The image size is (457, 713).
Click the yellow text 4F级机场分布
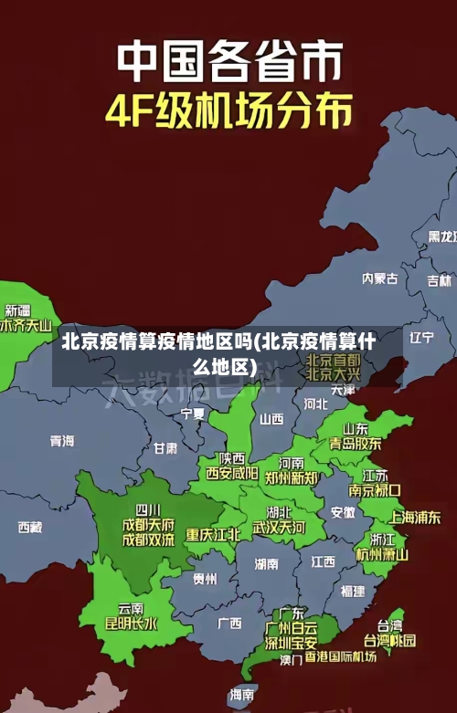tap(228, 110)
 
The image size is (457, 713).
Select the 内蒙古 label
tap(380, 253)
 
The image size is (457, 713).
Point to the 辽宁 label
tap(421, 338)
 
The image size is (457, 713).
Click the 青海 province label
tap(62, 441)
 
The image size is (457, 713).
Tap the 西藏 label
tap(30, 527)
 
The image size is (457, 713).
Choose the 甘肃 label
tap(165, 448)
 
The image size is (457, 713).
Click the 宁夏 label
tap(193, 414)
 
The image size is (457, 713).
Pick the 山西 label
tap(271, 419)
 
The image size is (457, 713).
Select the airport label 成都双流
tap(148, 540)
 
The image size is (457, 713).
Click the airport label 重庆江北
tap(213, 534)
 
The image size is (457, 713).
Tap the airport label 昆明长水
tap(131, 624)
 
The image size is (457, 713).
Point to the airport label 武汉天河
tap(280, 528)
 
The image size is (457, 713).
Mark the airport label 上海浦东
tap(415, 517)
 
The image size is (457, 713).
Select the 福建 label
tap(353, 592)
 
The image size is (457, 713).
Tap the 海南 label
tap(242, 695)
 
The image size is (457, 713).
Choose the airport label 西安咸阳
tap(231, 473)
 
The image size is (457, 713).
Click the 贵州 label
tap(205, 579)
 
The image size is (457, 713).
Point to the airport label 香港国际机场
tap(340, 656)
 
